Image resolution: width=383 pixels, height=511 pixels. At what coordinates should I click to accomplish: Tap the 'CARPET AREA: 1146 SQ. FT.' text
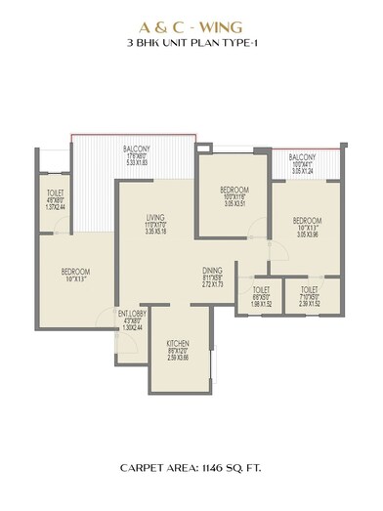(x=191, y=468)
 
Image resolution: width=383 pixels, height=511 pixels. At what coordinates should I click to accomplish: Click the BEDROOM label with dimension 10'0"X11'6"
(x=233, y=189)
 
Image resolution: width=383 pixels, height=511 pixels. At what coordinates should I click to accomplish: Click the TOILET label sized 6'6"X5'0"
(x=261, y=290)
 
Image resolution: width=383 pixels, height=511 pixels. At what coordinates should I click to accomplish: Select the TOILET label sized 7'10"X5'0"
(x=309, y=290)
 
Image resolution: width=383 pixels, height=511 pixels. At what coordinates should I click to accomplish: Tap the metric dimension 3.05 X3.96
(x=308, y=235)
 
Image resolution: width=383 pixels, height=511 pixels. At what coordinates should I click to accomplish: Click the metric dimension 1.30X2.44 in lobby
(x=133, y=327)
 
